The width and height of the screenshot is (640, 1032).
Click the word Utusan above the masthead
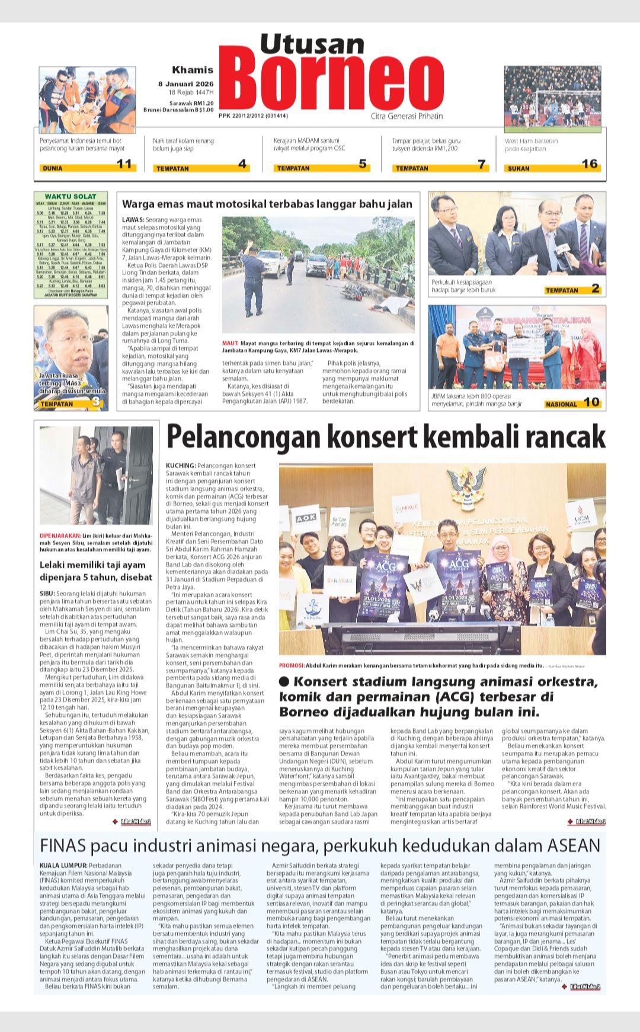click(312, 44)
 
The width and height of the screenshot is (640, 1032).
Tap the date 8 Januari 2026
click(185, 84)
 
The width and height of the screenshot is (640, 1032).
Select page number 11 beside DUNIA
click(124, 164)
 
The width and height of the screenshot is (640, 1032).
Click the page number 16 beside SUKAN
click(590, 164)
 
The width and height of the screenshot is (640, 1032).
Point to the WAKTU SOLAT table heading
click(71, 196)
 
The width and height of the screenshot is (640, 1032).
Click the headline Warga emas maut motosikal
click(267, 204)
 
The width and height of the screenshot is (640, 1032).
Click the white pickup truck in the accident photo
click(271, 262)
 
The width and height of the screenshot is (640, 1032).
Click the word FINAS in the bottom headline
click(63, 845)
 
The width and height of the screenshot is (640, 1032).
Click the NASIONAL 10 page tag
click(572, 403)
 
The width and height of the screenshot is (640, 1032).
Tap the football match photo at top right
click(552, 99)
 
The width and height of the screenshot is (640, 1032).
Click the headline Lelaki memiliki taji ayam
click(92, 565)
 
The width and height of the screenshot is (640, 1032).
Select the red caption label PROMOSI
click(292, 666)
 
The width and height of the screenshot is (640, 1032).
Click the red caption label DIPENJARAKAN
click(60, 536)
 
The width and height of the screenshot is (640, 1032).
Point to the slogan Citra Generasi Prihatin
click(407, 116)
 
